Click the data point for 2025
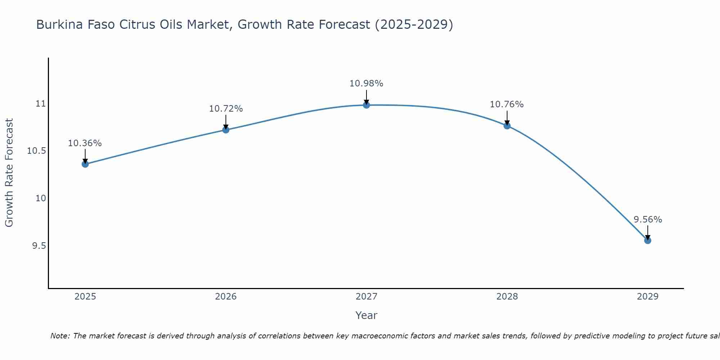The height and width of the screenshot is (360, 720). coord(85,164)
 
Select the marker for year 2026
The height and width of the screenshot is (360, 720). coord(226,130)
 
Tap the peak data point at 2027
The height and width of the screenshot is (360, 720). coord(366,105)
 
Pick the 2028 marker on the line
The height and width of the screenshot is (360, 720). coord(507,126)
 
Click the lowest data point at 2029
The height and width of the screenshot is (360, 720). coord(648,240)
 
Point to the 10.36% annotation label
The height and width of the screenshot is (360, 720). coord(85,143)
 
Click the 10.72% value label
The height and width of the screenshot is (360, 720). coord(226,109)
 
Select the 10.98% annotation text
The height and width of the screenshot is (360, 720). coord(366,84)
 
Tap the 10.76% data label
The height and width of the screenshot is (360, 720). coord(507,104)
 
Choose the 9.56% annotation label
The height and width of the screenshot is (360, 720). coord(648,220)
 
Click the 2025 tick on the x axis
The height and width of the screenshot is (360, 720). coord(85,297)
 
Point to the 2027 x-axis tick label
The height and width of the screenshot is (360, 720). coord(366,297)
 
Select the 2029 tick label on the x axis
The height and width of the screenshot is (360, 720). coord(648,297)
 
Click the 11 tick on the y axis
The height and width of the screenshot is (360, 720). coord(41,104)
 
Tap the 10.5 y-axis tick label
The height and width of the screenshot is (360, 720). coord(37,151)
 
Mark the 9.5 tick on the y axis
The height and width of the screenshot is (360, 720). coord(39,246)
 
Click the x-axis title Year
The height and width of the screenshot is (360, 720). coord(366,315)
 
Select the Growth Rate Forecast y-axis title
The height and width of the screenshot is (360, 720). coord(9,173)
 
